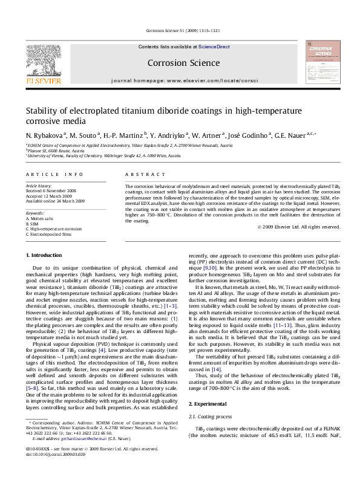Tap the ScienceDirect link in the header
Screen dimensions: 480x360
pos(214,47)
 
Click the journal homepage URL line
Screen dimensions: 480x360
pos(180,80)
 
